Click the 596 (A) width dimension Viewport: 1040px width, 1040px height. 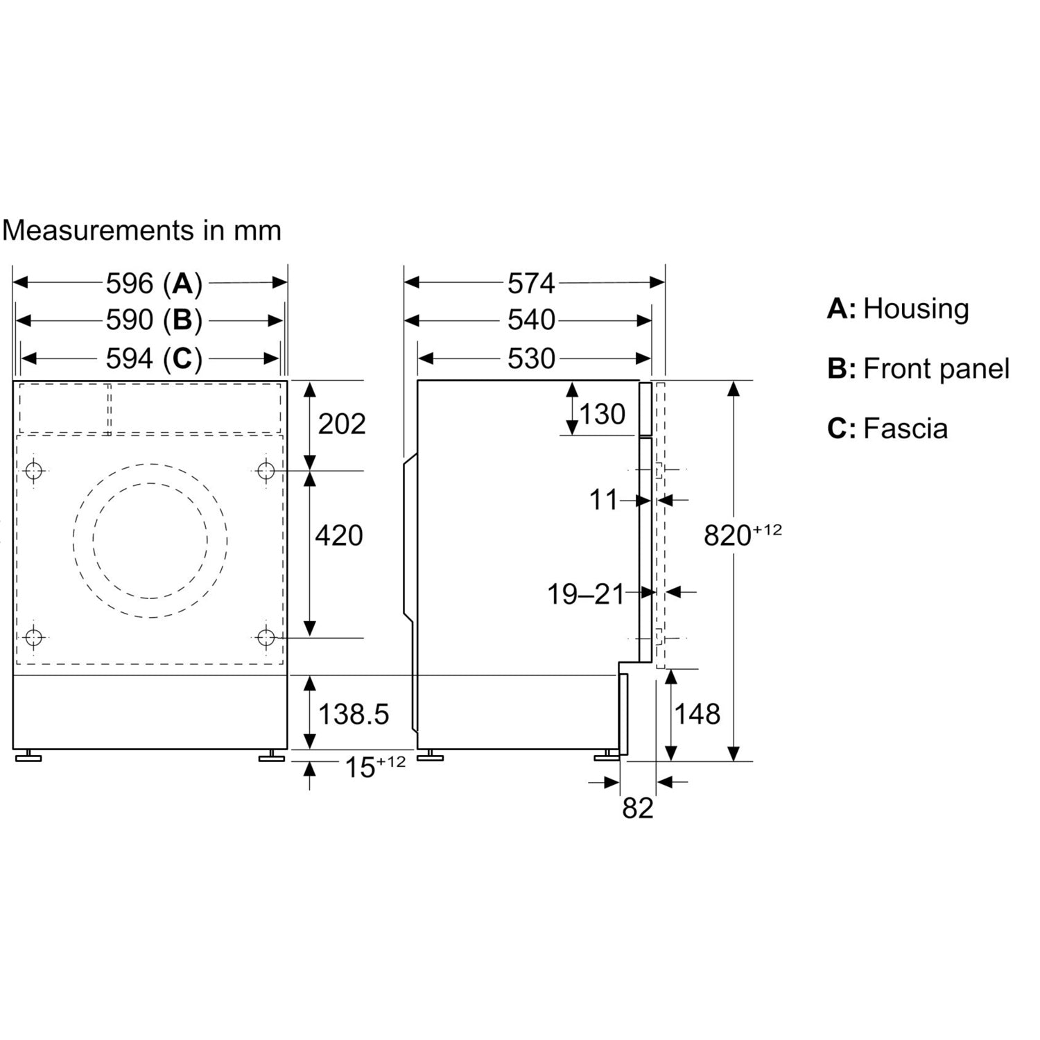point(154,283)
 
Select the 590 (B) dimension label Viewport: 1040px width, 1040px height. point(154,320)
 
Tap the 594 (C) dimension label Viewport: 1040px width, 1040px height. point(154,358)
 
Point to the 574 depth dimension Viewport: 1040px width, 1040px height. point(531,283)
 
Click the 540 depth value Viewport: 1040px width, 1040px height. point(531,320)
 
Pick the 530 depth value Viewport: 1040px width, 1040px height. point(531,358)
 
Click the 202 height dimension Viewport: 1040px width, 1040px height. point(341,424)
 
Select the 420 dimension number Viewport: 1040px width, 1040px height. point(339,535)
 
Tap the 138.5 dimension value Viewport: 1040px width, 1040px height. point(354,713)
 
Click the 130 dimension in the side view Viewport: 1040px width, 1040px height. point(603,415)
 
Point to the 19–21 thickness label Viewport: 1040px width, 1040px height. point(586,594)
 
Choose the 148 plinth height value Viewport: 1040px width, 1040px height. point(697,713)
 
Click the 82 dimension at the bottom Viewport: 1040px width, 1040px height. point(638,808)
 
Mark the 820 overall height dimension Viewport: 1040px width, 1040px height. point(743,535)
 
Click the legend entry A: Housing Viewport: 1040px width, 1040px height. point(898,309)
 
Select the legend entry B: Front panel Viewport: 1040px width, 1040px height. point(918,369)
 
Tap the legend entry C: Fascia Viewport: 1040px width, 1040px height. point(887,428)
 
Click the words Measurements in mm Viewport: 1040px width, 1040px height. point(141,230)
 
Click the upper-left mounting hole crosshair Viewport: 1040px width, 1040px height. point(33,471)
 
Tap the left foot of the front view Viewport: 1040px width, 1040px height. point(28,756)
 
